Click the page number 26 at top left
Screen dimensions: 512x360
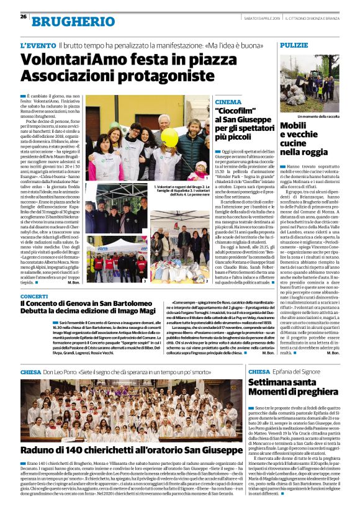point(23,16)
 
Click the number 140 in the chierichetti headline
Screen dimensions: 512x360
point(71,450)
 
